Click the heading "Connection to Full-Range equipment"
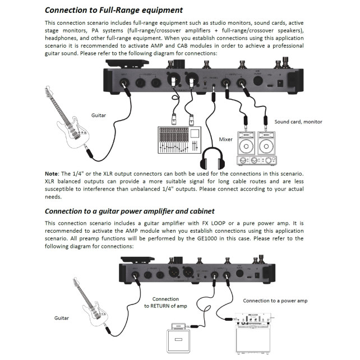113,10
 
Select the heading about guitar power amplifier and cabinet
129,211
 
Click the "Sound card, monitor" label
298,121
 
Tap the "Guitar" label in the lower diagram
62,318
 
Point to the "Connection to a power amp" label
275,301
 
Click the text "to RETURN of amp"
165,306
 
